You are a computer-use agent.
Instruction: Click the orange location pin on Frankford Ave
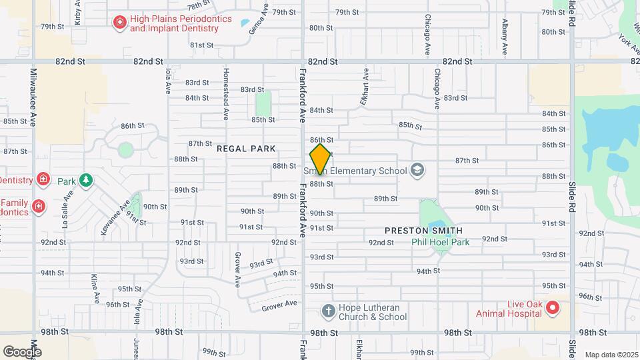coord(320,159)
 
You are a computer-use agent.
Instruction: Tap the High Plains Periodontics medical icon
coord(120,23)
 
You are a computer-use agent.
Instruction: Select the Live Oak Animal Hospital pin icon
coord(552,307)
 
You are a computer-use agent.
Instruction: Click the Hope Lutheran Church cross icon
coord(328,311)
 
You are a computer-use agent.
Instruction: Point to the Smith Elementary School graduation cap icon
coord(418,170)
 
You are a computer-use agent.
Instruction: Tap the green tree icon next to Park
coord(85,180)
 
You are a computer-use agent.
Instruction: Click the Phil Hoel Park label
coord(440,241)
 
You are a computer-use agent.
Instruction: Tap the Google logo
coord(22,351)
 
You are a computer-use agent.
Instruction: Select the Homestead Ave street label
coord(226,93)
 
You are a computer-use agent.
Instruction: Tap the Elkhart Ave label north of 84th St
coord(365,87)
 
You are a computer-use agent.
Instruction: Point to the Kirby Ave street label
coord(77,13)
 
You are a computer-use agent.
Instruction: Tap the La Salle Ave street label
coord(67,210)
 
